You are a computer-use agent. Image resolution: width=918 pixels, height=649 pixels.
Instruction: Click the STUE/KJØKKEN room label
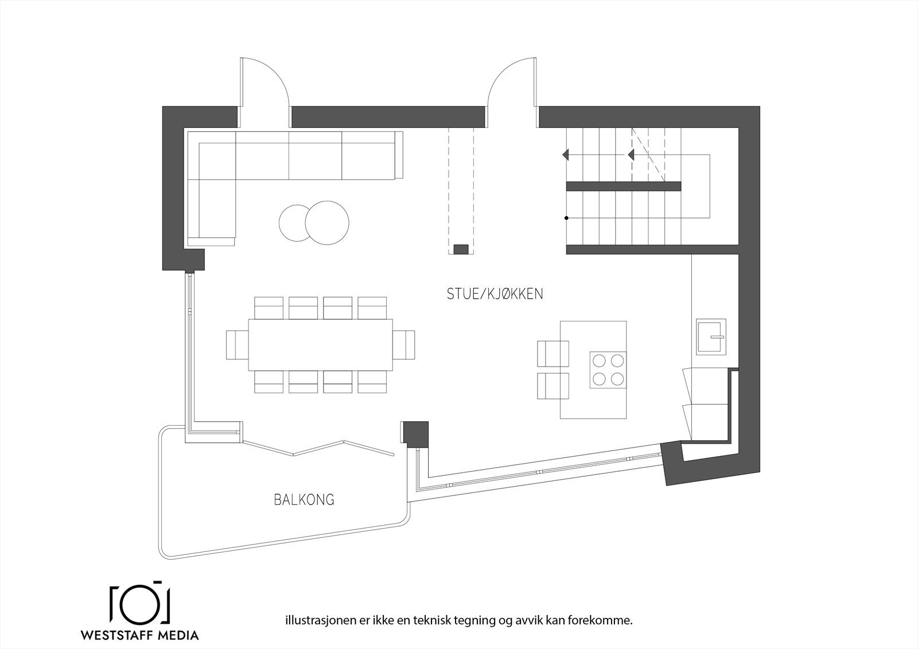495,294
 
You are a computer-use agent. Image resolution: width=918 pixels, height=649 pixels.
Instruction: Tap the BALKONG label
304,500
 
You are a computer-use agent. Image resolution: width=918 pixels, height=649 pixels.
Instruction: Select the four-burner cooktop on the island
608,370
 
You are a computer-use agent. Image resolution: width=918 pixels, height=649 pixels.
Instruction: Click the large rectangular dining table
320,344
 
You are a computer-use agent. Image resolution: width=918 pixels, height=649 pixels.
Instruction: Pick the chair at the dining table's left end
236,344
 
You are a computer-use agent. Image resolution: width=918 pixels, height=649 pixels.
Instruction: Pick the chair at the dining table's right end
404,344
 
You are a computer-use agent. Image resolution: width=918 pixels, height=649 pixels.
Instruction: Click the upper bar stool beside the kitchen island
553,353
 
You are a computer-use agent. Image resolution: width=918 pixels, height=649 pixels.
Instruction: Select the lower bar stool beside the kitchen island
553,386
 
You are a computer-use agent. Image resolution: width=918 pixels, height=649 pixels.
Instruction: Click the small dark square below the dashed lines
461,249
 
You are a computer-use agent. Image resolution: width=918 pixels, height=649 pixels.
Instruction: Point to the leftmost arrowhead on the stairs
565,155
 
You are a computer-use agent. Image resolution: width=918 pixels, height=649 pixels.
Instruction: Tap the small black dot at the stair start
566,218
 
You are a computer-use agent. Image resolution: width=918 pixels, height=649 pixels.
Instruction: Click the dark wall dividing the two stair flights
623,186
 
